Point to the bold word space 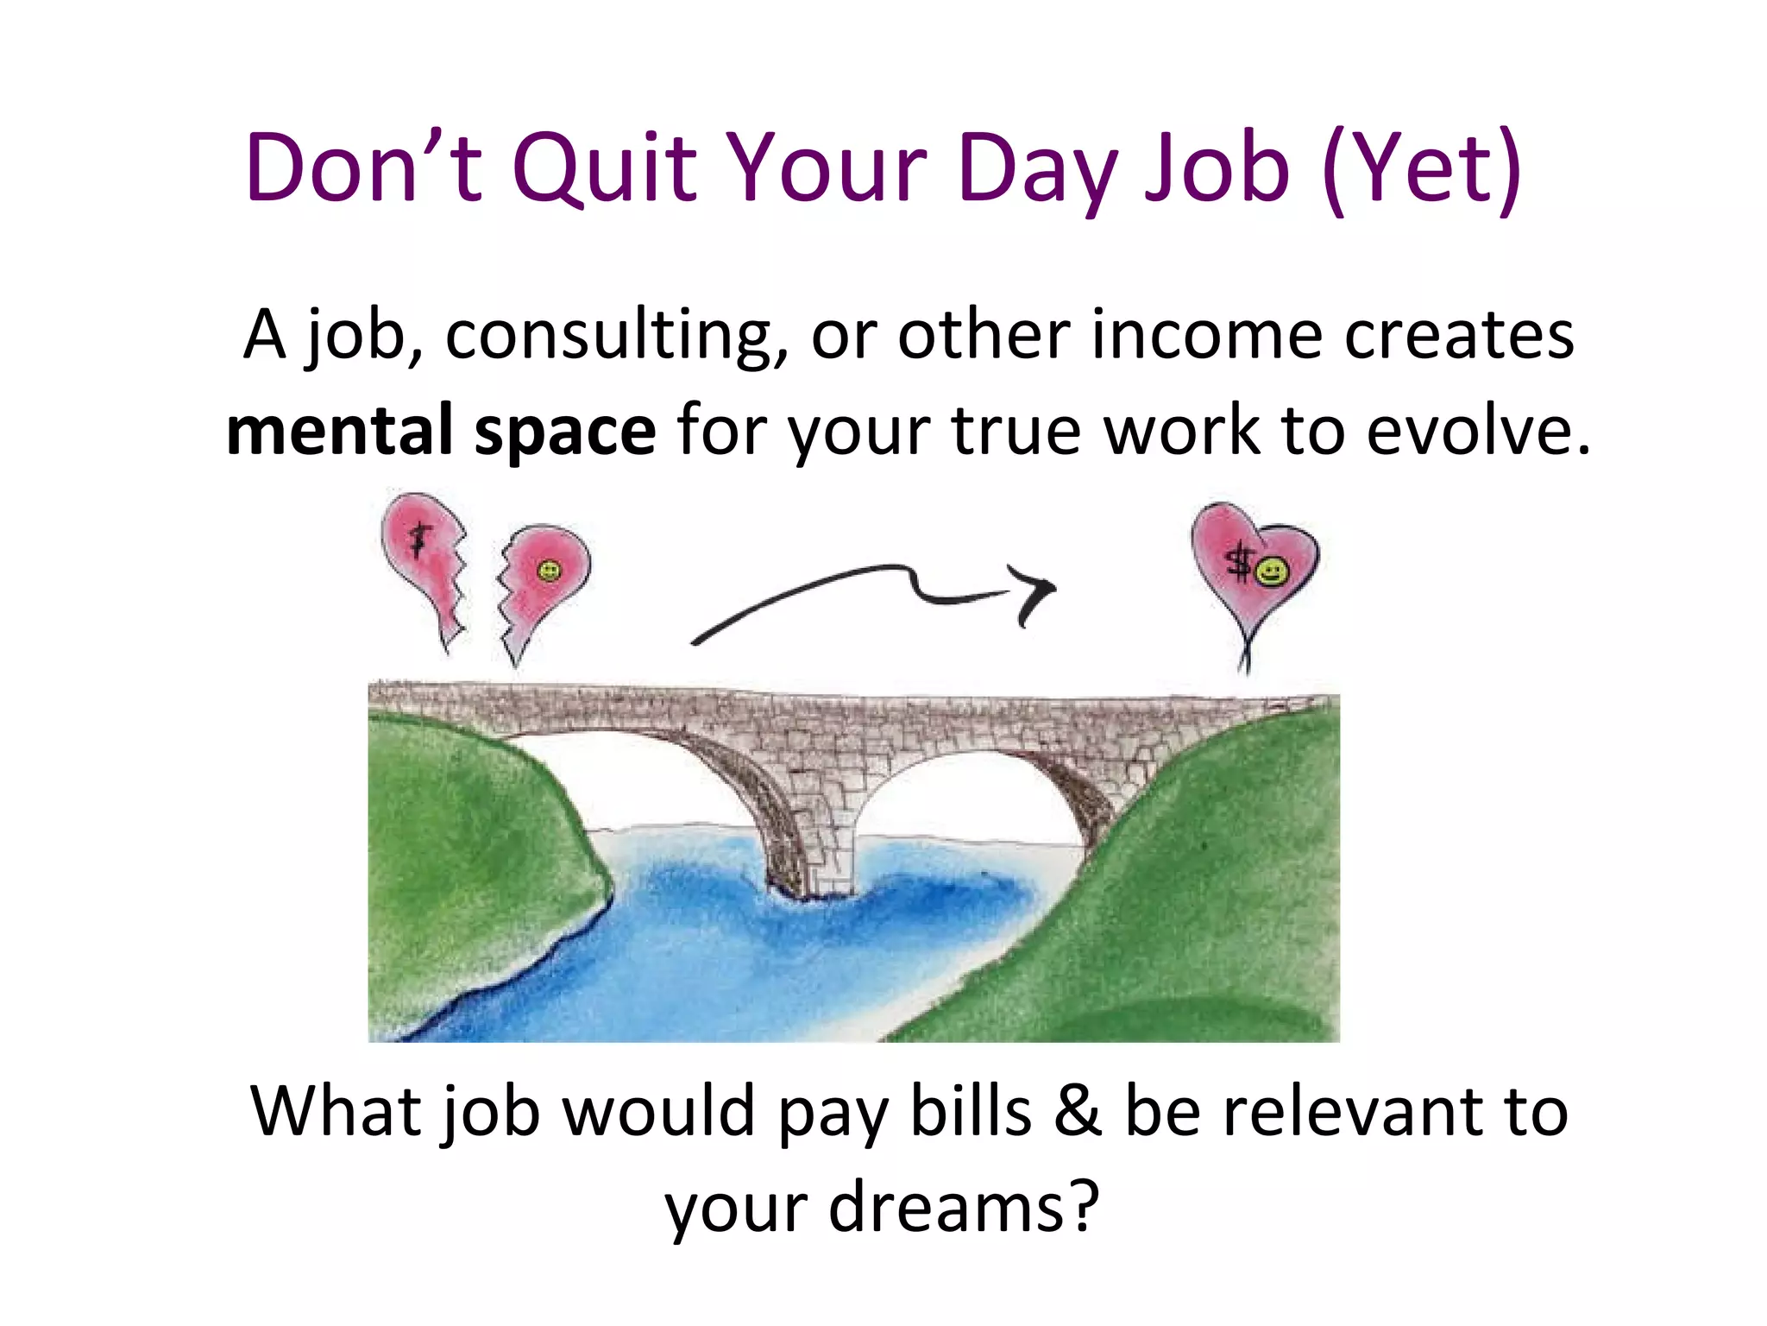click(565, 432)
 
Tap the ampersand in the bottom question click(1078, 1111)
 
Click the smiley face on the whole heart click(1271, 571)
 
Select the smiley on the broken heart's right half click(549, 571)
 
